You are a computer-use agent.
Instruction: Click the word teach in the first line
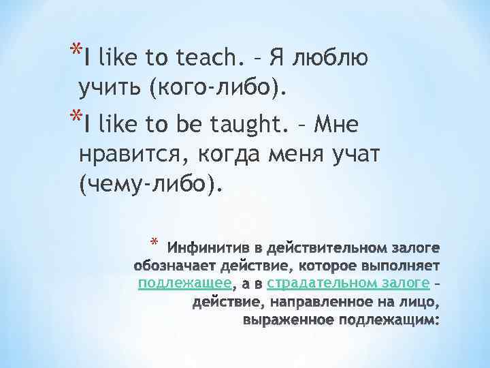tap(204, 59)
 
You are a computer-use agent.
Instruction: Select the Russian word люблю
tap(330, 59)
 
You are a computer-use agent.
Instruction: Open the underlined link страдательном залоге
tap(348, 283)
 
